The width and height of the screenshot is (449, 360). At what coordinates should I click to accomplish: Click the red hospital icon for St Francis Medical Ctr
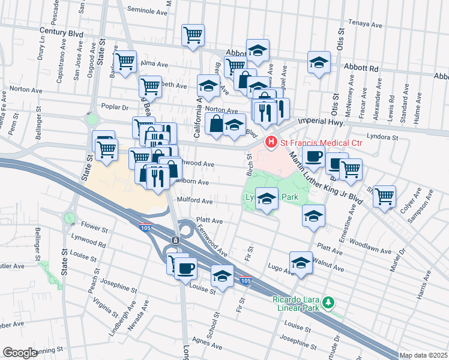click(x=271, y=142)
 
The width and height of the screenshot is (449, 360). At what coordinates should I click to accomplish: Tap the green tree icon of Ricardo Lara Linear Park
click(x=328, y=302)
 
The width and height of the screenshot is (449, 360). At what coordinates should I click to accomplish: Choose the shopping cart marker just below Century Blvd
click(x=193, y=35)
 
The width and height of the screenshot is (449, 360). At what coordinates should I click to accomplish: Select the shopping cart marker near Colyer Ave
click(x=384, y=195)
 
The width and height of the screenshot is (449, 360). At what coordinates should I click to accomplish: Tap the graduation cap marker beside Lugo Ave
click(x=301, y=262)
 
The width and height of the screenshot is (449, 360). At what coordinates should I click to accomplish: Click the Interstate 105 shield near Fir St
click(x=244, y=280)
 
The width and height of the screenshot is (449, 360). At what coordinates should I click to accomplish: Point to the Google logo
click(x=20, y=353)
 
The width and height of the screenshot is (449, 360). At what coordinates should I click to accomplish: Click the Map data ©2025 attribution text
click(x=423, y=355)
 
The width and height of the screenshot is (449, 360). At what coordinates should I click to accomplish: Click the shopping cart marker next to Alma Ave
click(x=125, y=61)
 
